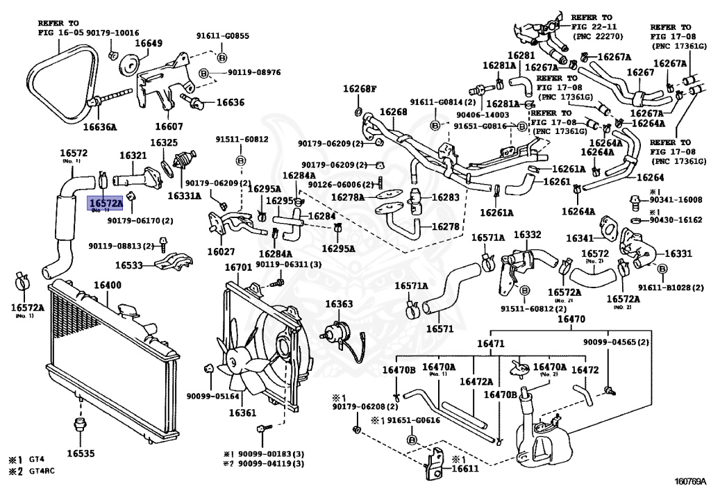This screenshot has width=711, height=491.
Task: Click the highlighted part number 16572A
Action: tap(105, 202)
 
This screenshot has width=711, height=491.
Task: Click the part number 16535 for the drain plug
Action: tap(81, 453)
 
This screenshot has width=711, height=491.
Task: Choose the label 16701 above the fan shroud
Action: tap(238, 267)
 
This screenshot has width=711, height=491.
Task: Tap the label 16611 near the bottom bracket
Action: tap(465, 469)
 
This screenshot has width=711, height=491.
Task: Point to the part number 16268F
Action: tap(359, 89)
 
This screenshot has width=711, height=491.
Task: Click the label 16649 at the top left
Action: tap(149, 43)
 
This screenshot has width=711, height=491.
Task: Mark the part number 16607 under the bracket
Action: tap(169, 126)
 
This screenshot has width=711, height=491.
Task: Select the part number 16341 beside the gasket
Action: tap(580, 238)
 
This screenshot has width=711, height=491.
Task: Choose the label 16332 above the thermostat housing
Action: tap(527, 235)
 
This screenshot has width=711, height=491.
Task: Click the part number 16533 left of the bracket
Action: tap(129, 265)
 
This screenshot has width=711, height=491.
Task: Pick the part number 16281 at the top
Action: tap(521, 56)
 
